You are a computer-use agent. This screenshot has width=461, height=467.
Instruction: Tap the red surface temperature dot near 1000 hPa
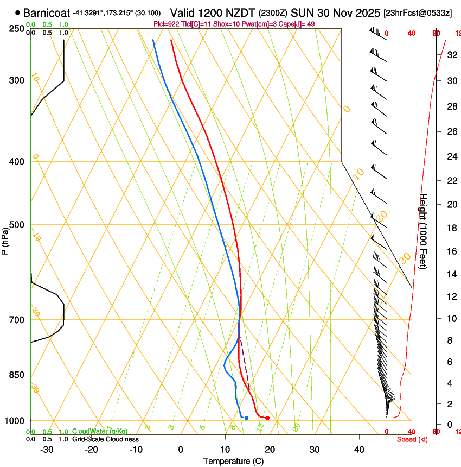click(x=267, y=418)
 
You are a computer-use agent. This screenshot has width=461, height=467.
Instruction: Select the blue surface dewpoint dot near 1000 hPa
click(x=246, y=418)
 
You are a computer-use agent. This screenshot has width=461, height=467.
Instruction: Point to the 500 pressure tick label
click(x=17, y=225)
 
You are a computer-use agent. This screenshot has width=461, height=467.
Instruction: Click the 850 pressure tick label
click(x=17, y=375)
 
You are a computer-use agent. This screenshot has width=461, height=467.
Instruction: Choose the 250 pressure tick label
click(x=17, y=29)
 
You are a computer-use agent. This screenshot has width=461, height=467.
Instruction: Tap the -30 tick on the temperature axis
click(x=47, y=450)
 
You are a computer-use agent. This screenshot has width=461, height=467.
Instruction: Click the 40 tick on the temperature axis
click(x=359, y=450)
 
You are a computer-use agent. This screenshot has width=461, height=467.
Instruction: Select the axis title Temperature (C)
click(x=234, y=461)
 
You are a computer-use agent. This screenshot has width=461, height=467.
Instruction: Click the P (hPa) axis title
click(x=5, y=237)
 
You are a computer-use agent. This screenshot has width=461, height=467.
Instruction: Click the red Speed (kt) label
click(x=412, y=439)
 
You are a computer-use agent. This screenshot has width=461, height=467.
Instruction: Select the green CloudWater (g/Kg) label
click(x=100, y=432)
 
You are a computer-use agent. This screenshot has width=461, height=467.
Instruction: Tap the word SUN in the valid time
click(x=303, y=12)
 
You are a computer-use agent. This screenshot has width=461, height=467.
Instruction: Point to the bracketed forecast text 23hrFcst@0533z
click(x=418, y=12)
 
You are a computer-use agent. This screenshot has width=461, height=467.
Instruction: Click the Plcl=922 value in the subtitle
click(x=167, y=24)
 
